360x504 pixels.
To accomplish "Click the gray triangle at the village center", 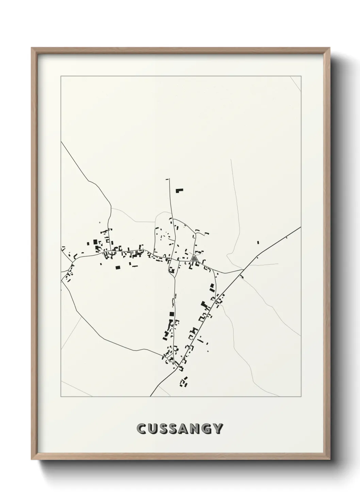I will click(x=194, y=258).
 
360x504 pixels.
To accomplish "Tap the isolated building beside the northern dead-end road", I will click(x=179, y=190).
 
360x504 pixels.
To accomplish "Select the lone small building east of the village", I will click(x=258, y=242).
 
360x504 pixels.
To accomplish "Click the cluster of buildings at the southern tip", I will click(x=184, y=382).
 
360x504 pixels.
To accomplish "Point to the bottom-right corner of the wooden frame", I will click(x=330, y=461).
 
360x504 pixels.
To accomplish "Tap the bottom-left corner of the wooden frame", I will click(x=32, y=461).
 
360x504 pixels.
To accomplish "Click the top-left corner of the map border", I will click(x=61, y=76).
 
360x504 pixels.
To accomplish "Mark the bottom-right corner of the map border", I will click(x=301, y=397).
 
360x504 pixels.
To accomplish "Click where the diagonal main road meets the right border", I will click(x=301, y=227).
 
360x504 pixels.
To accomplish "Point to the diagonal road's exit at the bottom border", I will click(x=150, y=396).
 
